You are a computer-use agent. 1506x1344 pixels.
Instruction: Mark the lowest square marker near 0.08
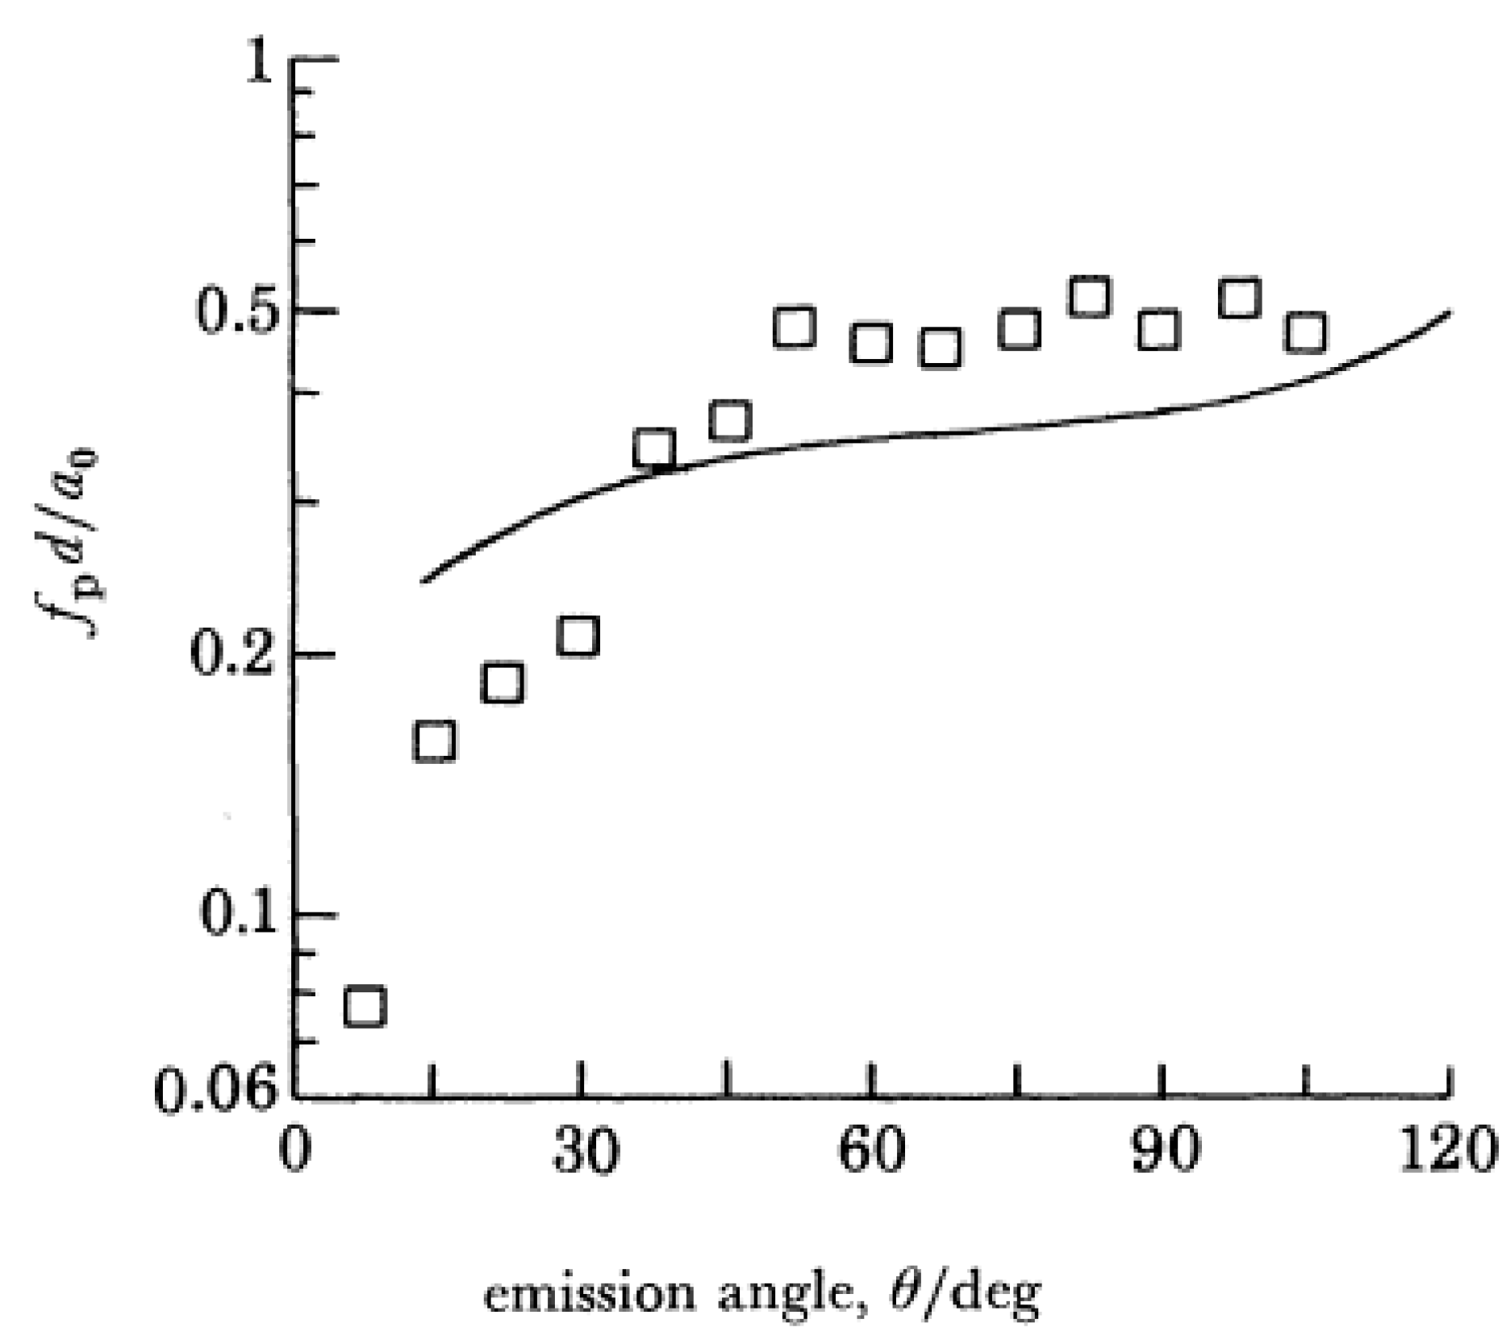[x=365, y=1006]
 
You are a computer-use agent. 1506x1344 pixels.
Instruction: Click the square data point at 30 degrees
[x=578, y=636]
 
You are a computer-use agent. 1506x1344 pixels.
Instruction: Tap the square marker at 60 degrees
[x=870, y=343]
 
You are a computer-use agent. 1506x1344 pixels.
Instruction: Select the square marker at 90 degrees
[x=1159, y=329]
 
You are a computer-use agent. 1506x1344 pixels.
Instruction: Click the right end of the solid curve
[x=1450, y=312]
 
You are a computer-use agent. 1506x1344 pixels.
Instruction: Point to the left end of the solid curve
[x=423, y=580]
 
